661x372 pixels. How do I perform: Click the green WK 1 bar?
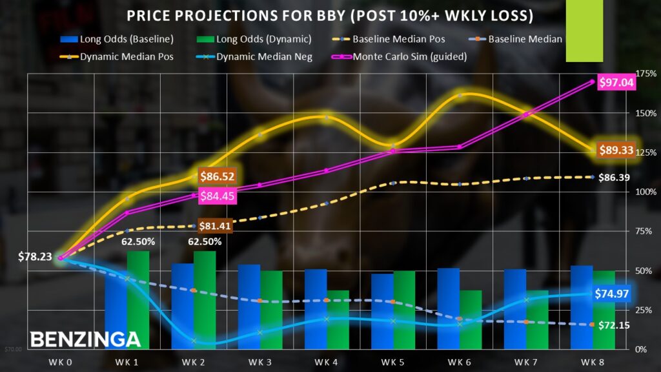138,300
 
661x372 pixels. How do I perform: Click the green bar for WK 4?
338,319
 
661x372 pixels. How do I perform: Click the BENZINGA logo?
85,338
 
